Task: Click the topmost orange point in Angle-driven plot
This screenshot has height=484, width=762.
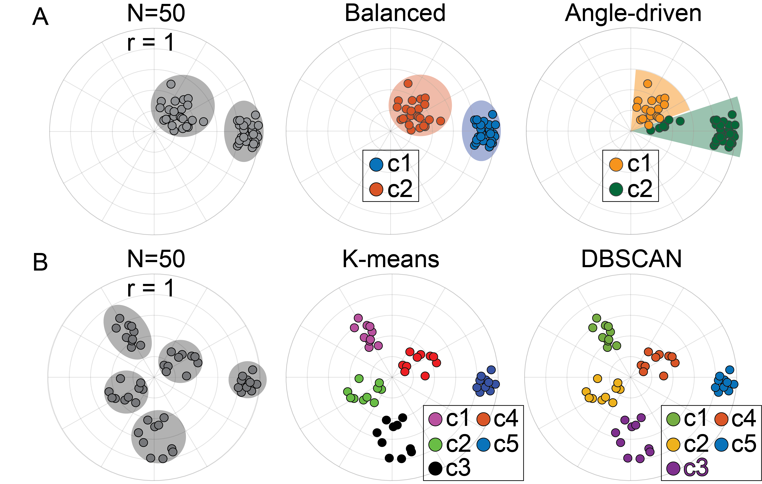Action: coord(647,84)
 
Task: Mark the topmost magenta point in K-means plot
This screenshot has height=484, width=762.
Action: coord(358,318)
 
